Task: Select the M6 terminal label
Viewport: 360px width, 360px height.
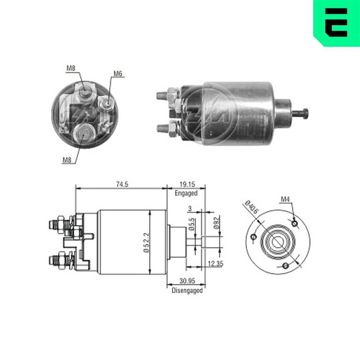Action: (x=118, y=74)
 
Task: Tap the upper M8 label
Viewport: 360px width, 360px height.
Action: (x=71, y=68)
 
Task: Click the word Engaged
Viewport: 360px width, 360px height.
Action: (x=186, y=193)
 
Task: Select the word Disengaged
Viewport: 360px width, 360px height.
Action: (x=187, y=290)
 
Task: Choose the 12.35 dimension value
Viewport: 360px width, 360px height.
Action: (x=215, y=264)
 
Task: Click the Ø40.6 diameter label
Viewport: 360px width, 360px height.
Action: (x=251, y=208)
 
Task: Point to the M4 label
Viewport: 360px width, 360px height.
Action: (x=285, y=199)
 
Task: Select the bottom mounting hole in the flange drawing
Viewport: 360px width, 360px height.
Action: (x=286, y=266)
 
